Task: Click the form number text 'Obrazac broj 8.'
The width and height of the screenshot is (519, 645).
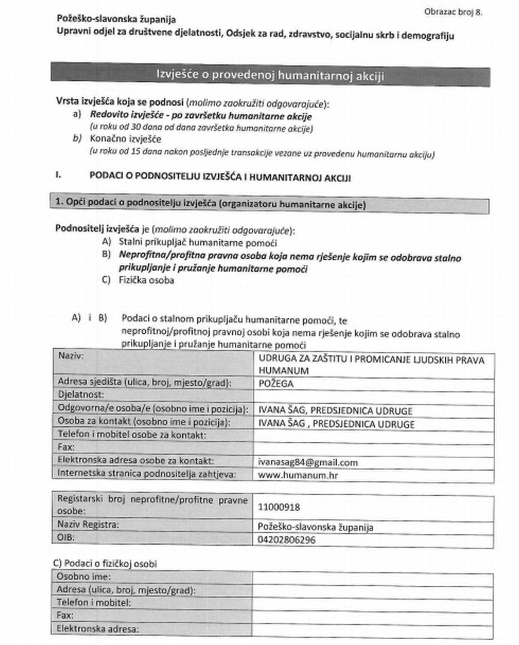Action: tap(453, 11)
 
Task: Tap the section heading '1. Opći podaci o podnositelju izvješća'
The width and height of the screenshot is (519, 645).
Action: tap(209, 204)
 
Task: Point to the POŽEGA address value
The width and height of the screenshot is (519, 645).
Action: tap(276, 384)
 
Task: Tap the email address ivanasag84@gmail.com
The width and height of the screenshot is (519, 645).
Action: tap(308, 462)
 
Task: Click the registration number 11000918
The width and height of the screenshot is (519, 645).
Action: tap(279, 507)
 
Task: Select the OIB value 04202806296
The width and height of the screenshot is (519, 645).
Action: tap(286, 539)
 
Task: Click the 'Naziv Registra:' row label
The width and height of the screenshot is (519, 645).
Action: tap(88, 525)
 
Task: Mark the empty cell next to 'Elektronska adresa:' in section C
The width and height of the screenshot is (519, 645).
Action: tap(373, 629)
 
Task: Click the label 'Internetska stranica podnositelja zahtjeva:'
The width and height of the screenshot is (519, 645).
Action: tap(144, 474)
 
